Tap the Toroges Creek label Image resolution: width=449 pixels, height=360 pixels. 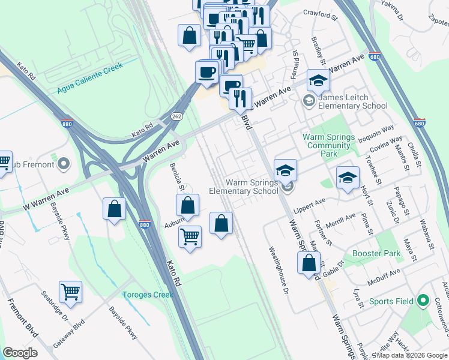[x=148, y=295]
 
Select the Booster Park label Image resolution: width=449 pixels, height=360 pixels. [x=376, y=253]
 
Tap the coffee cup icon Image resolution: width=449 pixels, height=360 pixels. [x=207, y=72]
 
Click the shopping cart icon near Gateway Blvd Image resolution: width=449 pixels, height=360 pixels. [x=70, y=292]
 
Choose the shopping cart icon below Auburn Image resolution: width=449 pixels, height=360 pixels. [x=190, y=236]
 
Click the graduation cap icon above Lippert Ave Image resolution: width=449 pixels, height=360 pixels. [x=348, y=177]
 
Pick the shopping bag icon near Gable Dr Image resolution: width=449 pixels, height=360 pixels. [x=309, y=262]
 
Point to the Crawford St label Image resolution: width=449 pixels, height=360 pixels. [x=316, y=13]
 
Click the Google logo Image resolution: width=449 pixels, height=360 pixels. [x=20, y=353]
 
